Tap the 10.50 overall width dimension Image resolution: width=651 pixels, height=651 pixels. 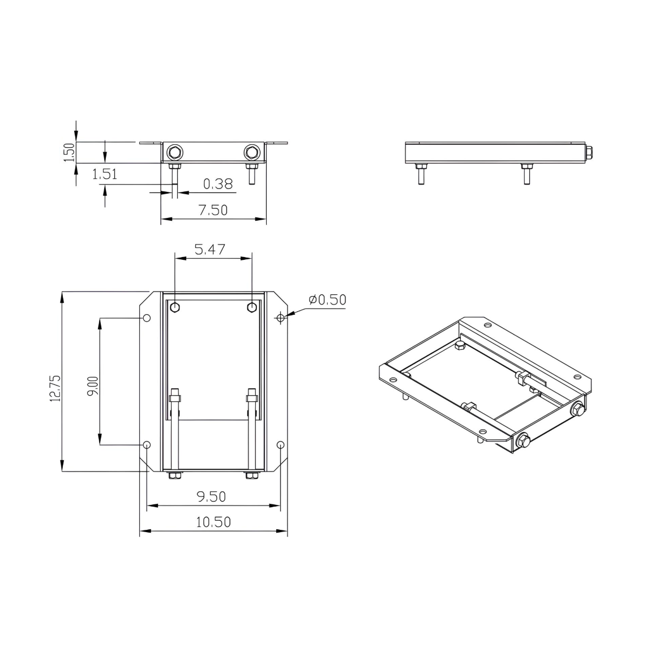213,522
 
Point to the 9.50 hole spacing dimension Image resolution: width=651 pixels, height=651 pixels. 211,496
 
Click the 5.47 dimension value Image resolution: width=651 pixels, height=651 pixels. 210,249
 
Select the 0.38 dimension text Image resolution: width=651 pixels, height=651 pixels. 218,183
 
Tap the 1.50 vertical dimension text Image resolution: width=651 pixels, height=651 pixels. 68,152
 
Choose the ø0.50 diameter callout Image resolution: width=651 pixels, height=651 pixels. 327,299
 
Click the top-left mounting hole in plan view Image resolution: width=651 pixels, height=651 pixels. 147,318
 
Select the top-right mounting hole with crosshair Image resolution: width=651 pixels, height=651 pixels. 280,318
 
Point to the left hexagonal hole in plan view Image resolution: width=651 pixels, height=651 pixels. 175,307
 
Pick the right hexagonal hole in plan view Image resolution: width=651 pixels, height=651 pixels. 251,307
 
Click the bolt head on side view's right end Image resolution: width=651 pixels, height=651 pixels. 589,152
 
